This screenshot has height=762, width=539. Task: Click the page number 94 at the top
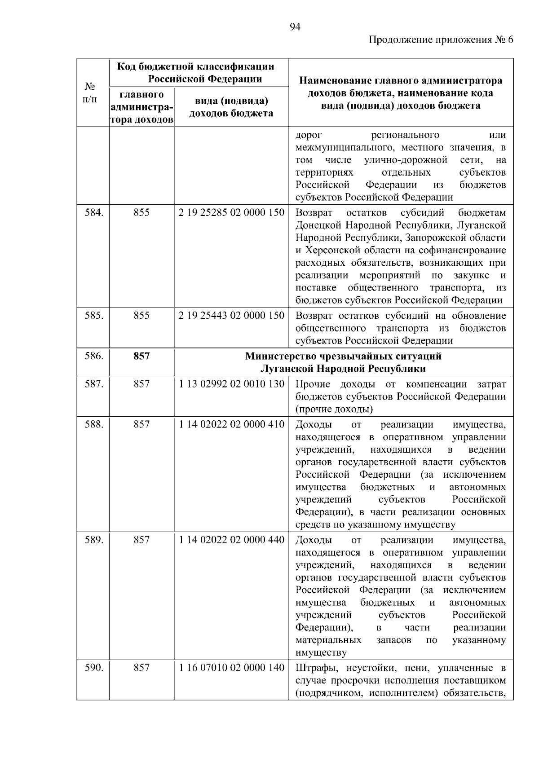[x=295, y=27]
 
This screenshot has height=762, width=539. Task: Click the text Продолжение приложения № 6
[x=440, y=40]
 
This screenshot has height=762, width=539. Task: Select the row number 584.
[x=94, y=213]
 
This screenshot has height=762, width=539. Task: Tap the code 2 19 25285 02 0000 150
[x=231, y=213]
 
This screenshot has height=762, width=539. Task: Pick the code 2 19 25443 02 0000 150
[x=231, y=316]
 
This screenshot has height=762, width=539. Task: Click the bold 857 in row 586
[x=141, y=356]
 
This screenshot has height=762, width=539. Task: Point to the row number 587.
[x=94, y=384]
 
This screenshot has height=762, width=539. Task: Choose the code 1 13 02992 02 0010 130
[x=231, y=384]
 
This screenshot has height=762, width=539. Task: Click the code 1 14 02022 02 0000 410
[x=231, y=424]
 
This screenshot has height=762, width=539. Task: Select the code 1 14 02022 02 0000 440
[x=231, y=540]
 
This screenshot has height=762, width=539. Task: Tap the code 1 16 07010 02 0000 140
[x=231, y=668]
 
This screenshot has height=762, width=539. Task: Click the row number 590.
[x=94, y=668]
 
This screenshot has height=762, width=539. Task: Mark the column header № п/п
[x=90, y=92]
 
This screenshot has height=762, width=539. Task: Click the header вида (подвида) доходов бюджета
[x=231, y=107]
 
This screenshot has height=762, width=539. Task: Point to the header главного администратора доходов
[x=141, y=107]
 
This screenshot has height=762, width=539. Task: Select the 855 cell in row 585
[x=141, y=316]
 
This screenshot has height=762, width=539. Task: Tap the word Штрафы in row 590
[x=314, y=668]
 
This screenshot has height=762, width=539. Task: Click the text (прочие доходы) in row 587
[x=334, y=409]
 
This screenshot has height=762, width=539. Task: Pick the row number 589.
[x=94, y=540]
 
